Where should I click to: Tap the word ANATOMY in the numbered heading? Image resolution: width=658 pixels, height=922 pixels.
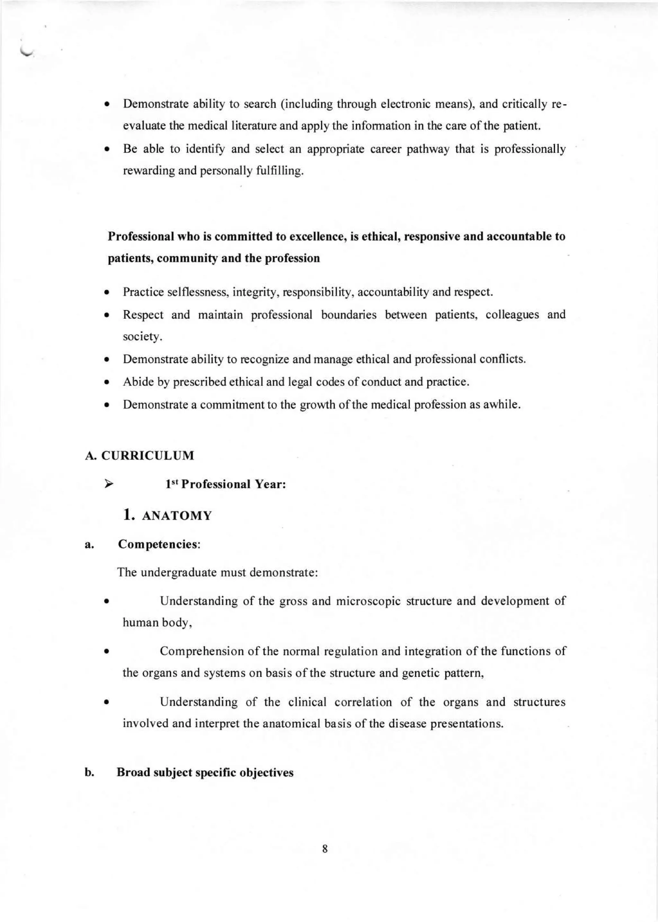pos(177,516)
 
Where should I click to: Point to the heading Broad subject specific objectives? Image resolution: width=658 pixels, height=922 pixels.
pos(205,773)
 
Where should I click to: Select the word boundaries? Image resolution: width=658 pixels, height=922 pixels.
pos(349,315)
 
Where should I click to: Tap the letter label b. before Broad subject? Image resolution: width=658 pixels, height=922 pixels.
pos(89,773)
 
